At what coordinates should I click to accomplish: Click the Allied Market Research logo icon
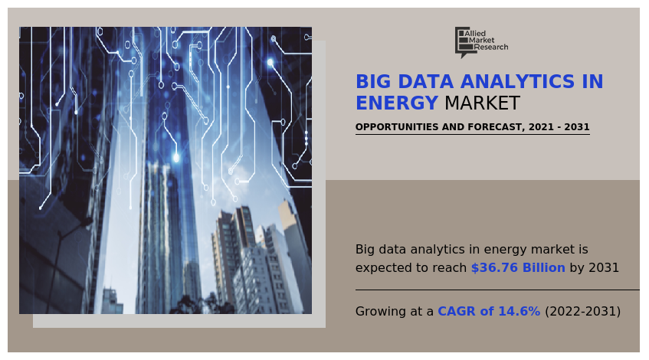click(x=462, y=41)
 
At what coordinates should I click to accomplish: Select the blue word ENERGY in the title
click(x=396, y=103)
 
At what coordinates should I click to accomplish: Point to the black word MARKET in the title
click(x=482, y=103)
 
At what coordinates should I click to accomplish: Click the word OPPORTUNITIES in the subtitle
click(x=395, y=127)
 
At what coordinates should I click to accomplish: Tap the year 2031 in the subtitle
click(x=575, y=127)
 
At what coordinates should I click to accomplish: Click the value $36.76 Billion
click(x=518, y=268)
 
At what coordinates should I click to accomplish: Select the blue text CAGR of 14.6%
click(x=489, y=312)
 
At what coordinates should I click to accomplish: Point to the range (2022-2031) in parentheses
click(x=582, y=312)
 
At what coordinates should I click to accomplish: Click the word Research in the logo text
click(x=491, y=47)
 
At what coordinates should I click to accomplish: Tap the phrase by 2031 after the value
click(x=594, y=268)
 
